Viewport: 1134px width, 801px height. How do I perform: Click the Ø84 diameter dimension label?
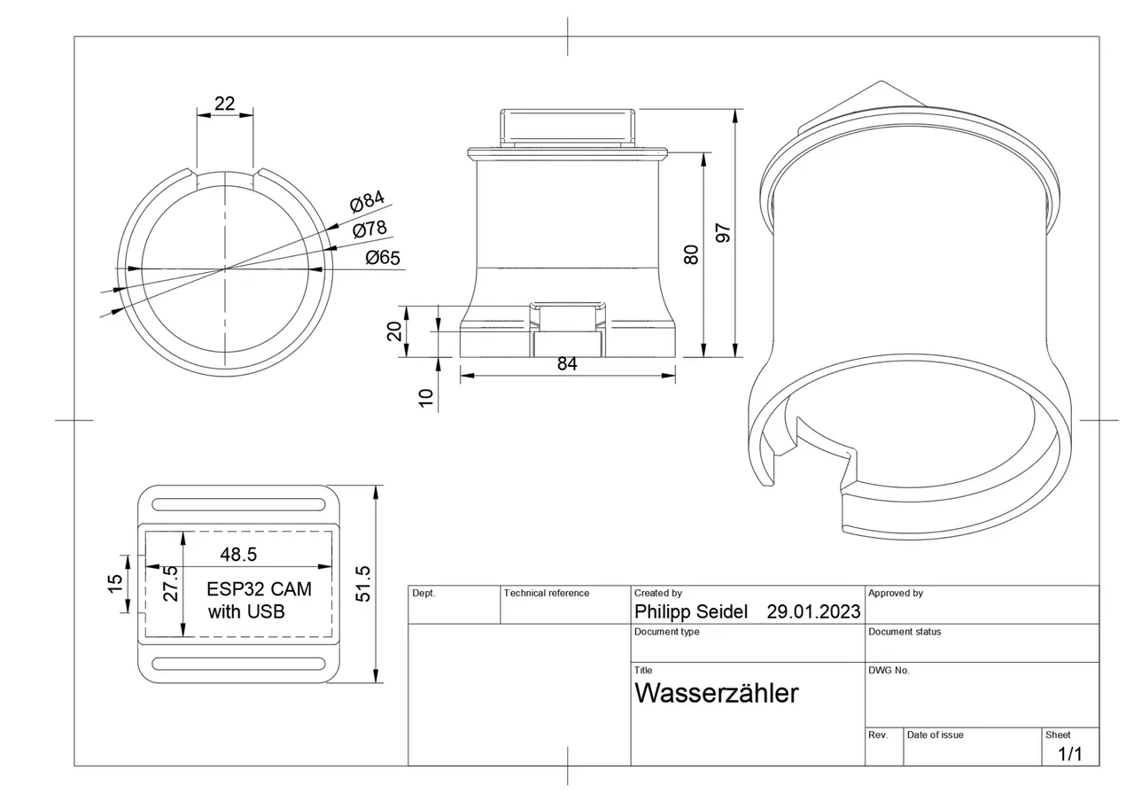tap(367, 202)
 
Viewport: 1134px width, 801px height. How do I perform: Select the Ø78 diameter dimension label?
tap(369, 229)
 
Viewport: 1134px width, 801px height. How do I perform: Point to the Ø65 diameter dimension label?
tap(383, 258)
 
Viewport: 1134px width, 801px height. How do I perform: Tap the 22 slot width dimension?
tap(225, 104)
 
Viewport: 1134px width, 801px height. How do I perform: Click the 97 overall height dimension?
tap(723, 233)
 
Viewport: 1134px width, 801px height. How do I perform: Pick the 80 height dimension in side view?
tap(692, 254)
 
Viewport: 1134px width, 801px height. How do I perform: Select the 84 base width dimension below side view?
tap(567, 363)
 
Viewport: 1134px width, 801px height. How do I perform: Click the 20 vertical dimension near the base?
tap(395, 331)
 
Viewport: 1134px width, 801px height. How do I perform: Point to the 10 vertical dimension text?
tap(427, 398)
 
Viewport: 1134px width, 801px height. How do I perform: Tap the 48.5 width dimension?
tap(238, 555)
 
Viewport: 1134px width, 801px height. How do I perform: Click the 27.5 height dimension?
tap(170, 584)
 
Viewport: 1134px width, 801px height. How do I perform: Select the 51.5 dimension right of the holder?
tap(362, 584)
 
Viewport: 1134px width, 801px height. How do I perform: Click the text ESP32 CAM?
tap(259, 589)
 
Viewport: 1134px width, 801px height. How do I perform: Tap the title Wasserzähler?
tap(716, 693)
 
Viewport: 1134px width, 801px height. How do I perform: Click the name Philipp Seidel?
tap(691, 611)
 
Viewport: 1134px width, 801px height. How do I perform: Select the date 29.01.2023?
tap(813, 611)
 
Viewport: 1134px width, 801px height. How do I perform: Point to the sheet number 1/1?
tap(1070, 754)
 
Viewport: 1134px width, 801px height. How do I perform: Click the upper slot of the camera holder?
tap(237, 505)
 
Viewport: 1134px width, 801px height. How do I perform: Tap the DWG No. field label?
tap(889, 671)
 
